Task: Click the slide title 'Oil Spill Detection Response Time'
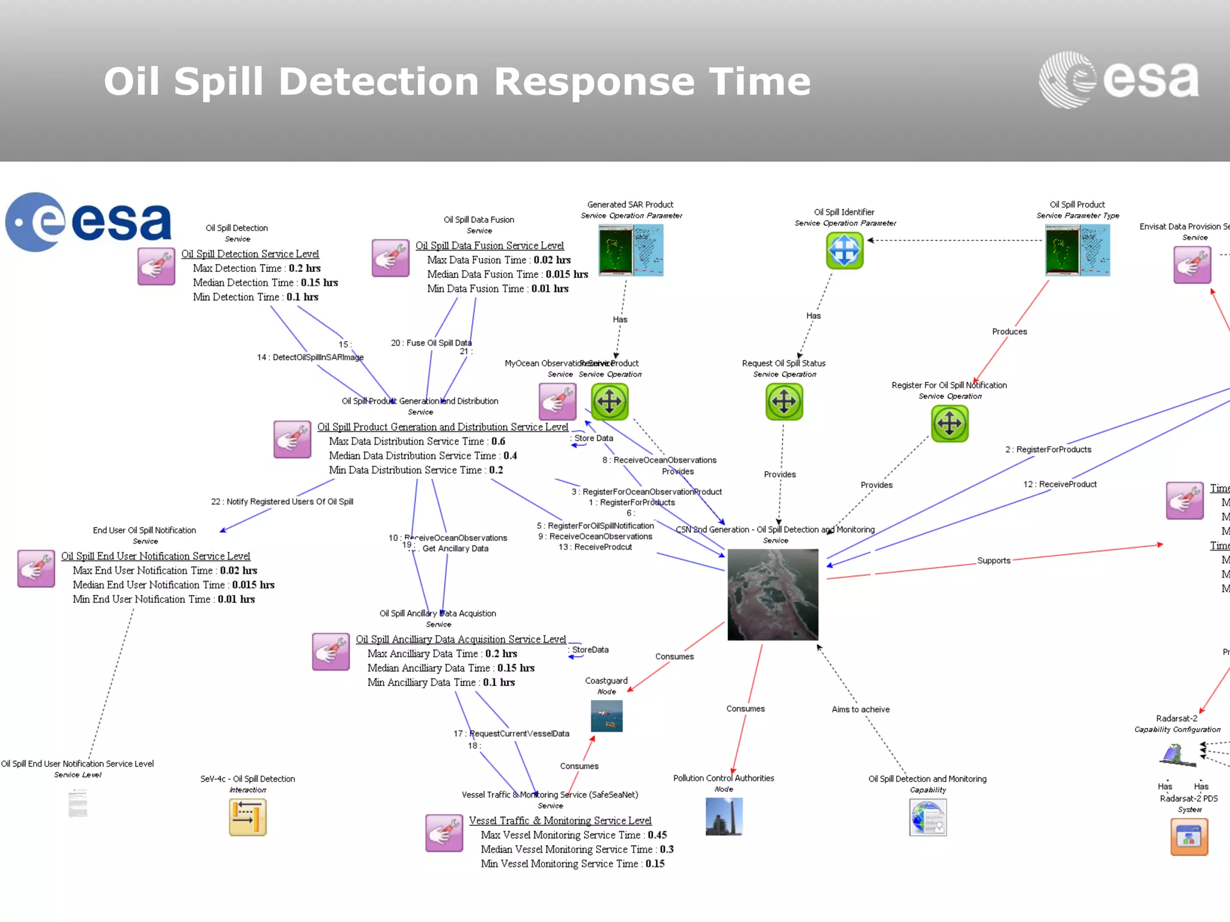coord(456,81)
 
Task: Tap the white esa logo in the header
coord(1118,80)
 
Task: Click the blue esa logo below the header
coord(89,221)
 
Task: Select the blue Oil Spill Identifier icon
coord(844,250)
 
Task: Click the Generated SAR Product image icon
coord(631,250)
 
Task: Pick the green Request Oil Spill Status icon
coord(784,402)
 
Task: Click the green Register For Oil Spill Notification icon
coord(950,423)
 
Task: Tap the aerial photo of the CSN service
coord(772,594)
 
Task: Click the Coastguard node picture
coord(607,716)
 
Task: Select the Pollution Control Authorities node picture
coord(724,816)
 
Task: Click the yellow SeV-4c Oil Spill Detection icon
coord(247,818)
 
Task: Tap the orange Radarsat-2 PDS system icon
coord(1189,837)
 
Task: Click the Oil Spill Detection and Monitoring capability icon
coord(927,818)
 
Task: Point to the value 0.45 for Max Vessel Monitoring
coord(657,835)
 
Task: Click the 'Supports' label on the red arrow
coord(993,561)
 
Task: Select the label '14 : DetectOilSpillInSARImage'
coord(310,357)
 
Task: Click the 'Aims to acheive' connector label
coord(860,710)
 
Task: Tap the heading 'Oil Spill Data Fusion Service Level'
coord(489,246)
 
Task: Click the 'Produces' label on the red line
coord(1009,331)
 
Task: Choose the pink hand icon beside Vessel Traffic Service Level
coord(444,833)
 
